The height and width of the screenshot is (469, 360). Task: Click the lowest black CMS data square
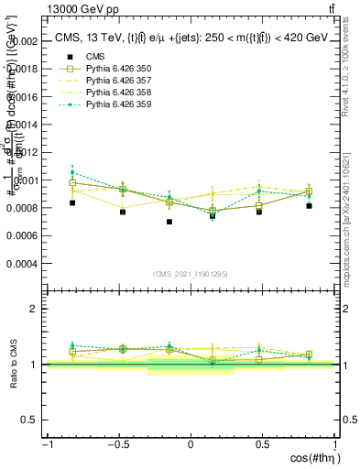pyautogui.click(x=169, y=222)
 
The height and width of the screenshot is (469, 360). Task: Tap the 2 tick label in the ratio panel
pyautogui.click(x=34, y=309)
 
